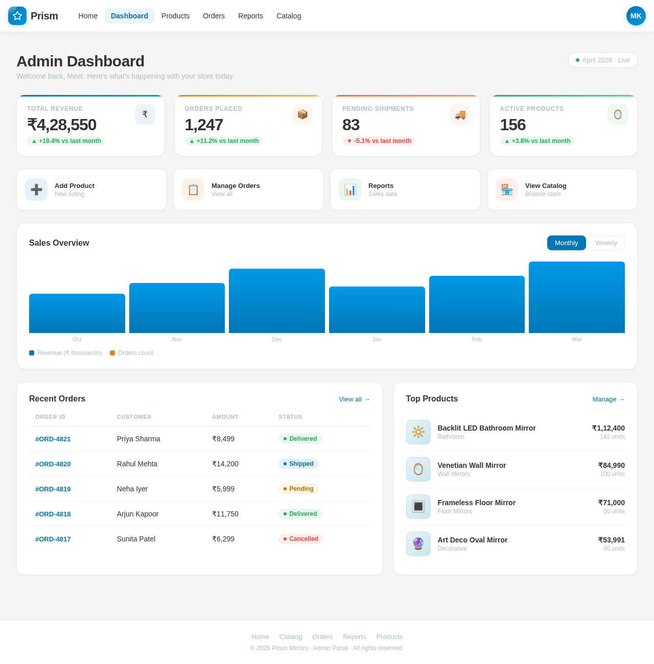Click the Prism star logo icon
pos(17,16)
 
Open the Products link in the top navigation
pos(175,16)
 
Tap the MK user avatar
pos(636,16)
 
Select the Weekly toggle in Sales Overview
pos(606,243)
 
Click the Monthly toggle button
pos(566,243)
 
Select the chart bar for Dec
pos(277,301)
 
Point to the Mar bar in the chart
pos(576,297)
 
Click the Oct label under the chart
pos(77,339)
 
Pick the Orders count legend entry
pos(132,353)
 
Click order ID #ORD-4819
pos(53,489)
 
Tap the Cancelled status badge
pos(300,539)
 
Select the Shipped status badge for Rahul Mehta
pos(298,464)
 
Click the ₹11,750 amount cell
pos(225,514)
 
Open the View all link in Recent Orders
pos(354,399)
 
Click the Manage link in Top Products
pos(608,399)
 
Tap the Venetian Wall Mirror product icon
pos(418,469)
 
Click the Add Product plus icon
pos(36,189)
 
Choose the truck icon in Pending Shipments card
pos(460,114)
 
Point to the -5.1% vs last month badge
pos(379,141)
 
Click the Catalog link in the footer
pos(291,636)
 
